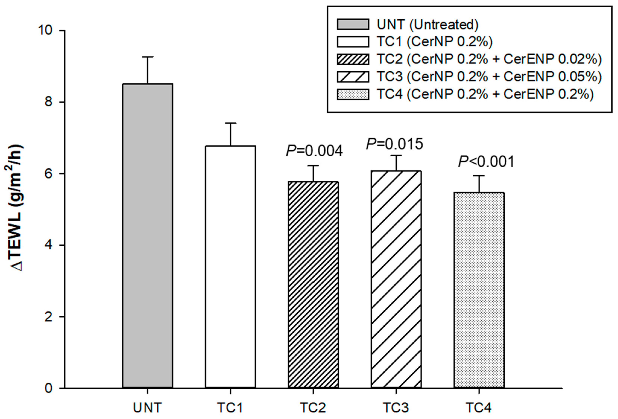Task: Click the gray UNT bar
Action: (x=148, y=236)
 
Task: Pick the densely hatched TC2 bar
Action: (x=313, y=285)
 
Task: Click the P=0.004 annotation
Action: (x=314, y=151)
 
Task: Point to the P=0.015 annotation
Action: (x=394, y=144)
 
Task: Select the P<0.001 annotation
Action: (x=486, y=162)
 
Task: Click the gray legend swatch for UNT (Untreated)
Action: (x=353, y=24)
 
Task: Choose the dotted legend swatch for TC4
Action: (x=353, y=94)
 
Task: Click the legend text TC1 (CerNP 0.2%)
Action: (x=434, y=42)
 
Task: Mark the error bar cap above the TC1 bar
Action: (x=230, y=123)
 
